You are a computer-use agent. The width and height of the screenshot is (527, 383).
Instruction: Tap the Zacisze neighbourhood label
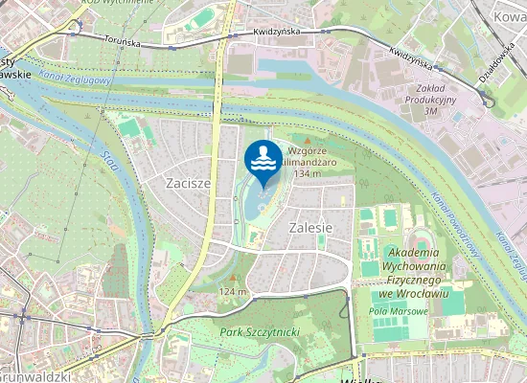click(187, 182)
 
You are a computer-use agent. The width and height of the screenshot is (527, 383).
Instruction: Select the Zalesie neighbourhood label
click(309, 228)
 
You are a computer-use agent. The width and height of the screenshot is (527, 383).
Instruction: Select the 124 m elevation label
click(232, 291)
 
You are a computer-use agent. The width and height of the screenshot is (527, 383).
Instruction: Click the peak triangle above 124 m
click(232, 278)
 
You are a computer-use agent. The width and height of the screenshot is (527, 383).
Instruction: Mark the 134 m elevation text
click(307, 174)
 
